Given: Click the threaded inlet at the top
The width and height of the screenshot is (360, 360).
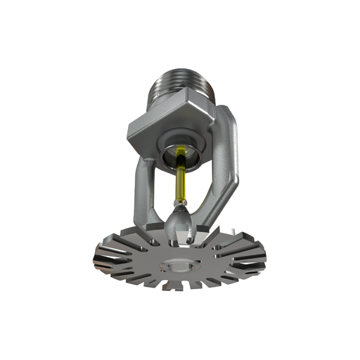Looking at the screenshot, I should coord(179,81).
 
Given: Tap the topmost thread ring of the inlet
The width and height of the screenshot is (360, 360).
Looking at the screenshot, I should coord(179,65).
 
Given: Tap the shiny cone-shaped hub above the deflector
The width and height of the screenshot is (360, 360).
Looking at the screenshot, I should coord(180,224).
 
